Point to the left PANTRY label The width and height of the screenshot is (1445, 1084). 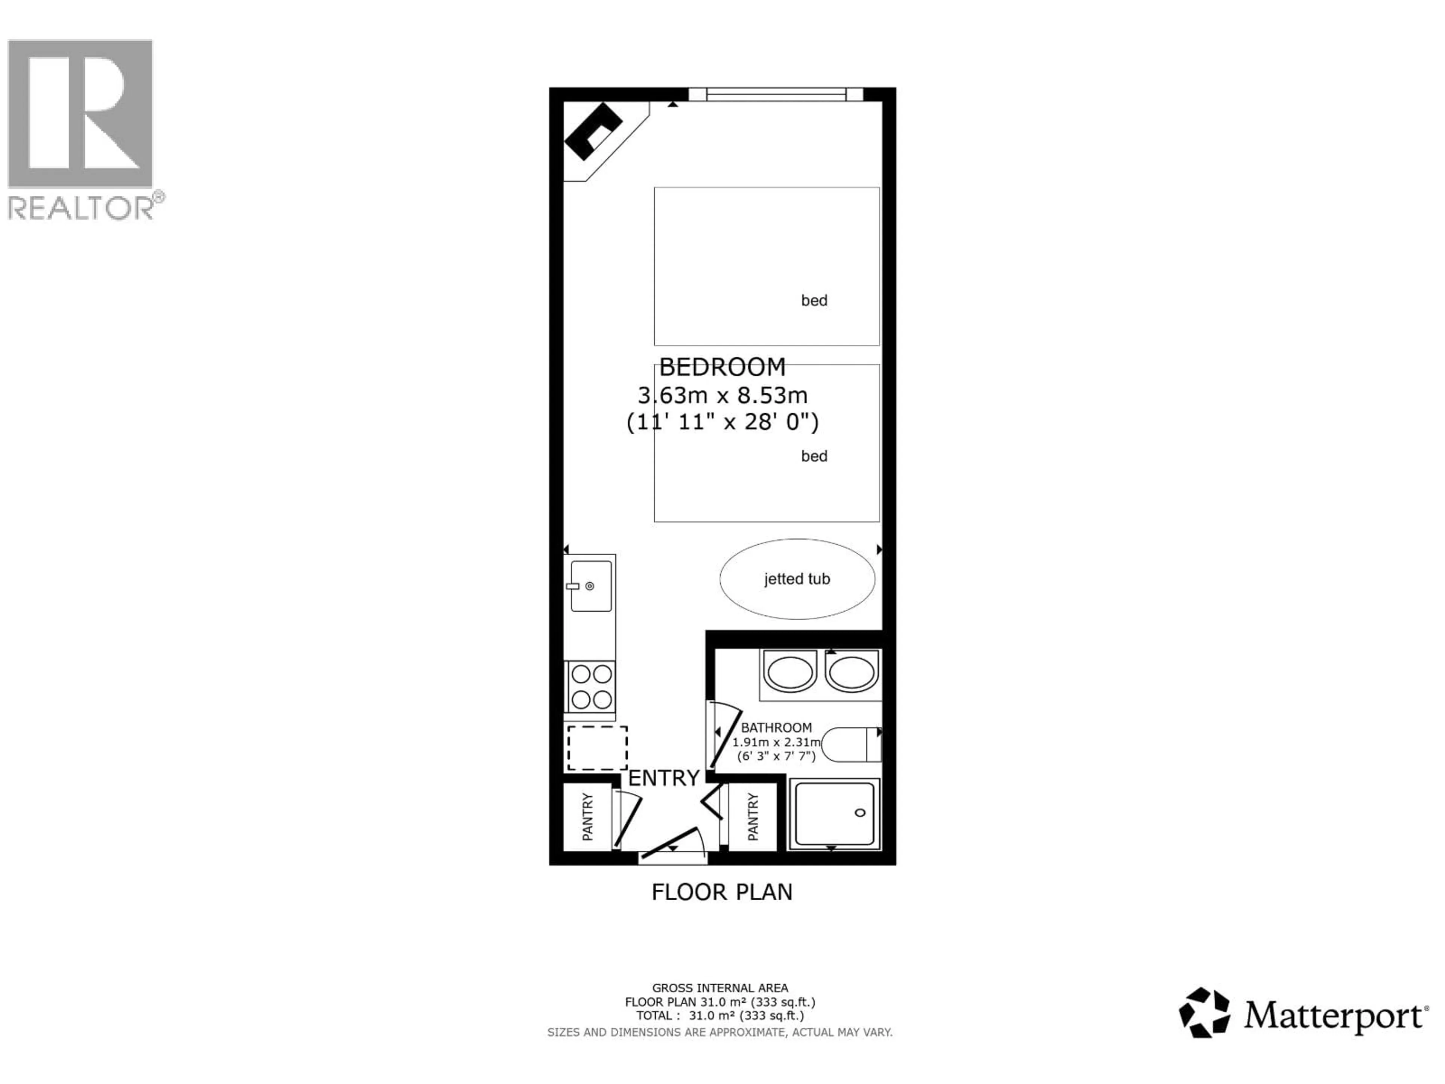(x=587, y=817)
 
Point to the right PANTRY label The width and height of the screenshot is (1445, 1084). (x=753, y=817)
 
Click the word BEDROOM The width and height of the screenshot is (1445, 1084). (x=722, y=367)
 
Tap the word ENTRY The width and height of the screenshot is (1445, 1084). (x=664, y=778)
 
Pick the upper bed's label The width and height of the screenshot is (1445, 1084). (x=814, y=301)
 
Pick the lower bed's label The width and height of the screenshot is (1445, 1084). (x=814, y=456)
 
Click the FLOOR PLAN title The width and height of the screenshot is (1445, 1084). (x=722, y=892)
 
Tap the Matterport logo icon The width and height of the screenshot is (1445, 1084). (x=1204, y=1013)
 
